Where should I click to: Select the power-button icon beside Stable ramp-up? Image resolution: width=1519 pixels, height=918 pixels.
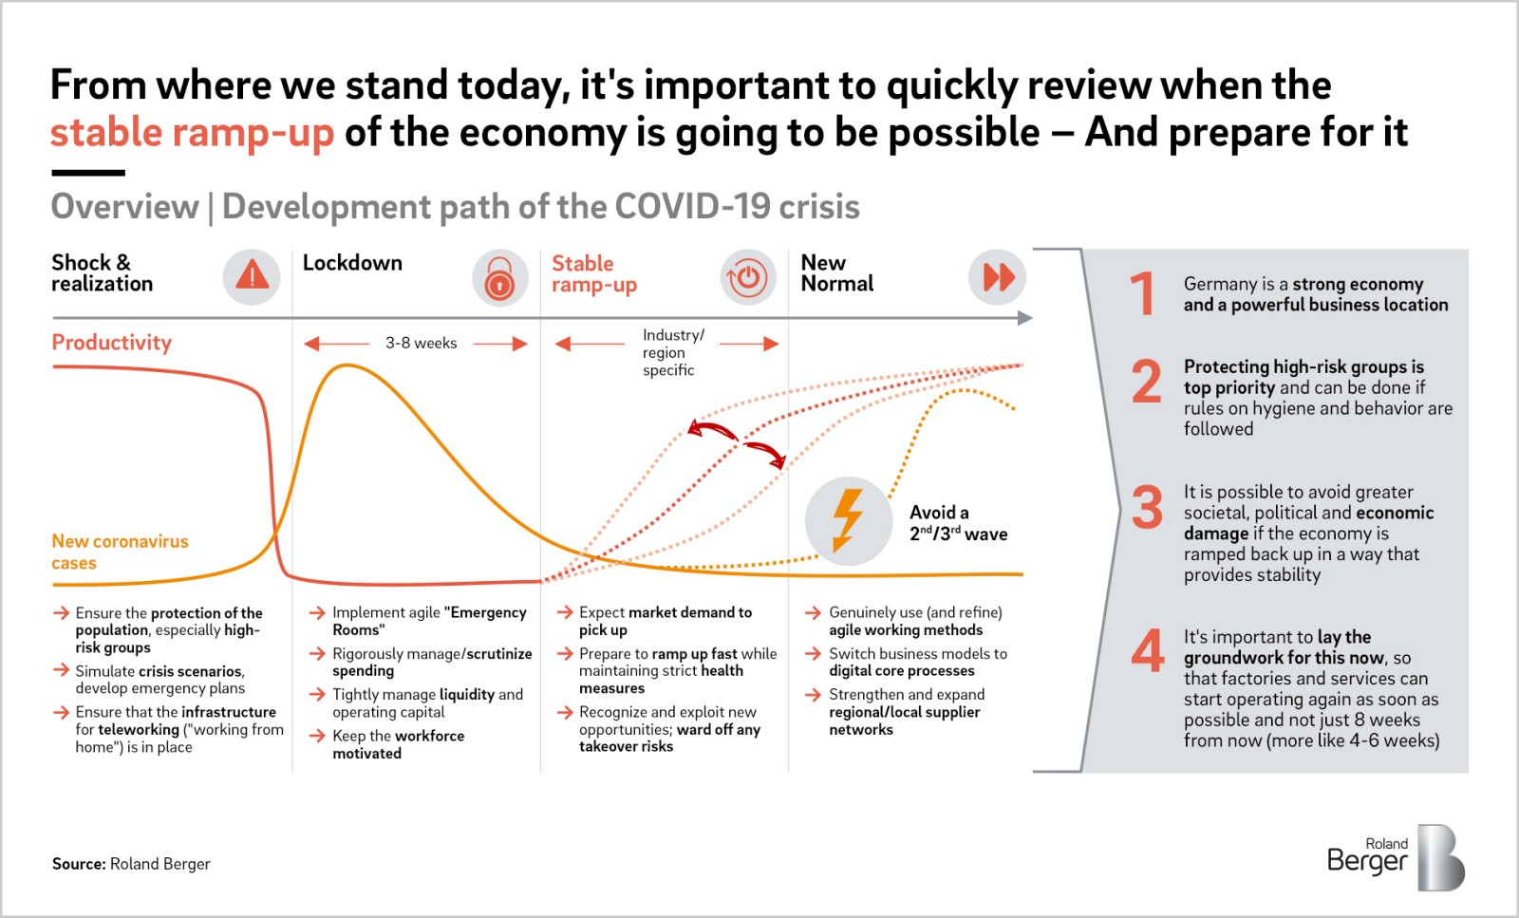(x=748, y=277)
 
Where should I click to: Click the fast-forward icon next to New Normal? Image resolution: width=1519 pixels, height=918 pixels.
(x=997, y=277)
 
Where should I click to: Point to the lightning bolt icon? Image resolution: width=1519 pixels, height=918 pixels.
(x=848, y=520)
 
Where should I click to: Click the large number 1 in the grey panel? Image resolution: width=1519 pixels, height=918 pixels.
(x=1144, y=293)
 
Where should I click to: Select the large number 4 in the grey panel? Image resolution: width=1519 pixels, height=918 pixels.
(x=1148, y=650)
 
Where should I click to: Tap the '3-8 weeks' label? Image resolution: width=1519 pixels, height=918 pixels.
(x=422, y=343)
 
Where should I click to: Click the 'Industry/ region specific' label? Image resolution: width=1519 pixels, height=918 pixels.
(x=673, y=352)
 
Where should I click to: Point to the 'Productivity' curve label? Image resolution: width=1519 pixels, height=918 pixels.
(x=112, y=343)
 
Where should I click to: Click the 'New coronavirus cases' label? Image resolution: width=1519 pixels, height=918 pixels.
(x=120, y=552)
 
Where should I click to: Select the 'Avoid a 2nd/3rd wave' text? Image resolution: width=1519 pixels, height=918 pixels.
(x=958, y=523)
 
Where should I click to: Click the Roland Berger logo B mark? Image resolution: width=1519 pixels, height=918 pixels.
(x=1441, y=857)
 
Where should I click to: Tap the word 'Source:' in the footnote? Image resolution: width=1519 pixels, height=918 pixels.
(x=79, y=864)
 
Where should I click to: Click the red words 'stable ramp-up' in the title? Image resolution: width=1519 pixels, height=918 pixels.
(x=193, y=132)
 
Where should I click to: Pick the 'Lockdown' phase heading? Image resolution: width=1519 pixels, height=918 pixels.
(x=352, y=263)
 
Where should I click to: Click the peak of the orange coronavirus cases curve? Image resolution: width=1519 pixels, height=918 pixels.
(x=347, y=365)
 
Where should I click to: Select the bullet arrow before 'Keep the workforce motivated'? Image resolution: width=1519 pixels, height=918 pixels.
(x=317, y=736)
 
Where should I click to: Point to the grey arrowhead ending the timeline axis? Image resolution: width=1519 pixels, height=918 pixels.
(x=1024, y=318)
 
